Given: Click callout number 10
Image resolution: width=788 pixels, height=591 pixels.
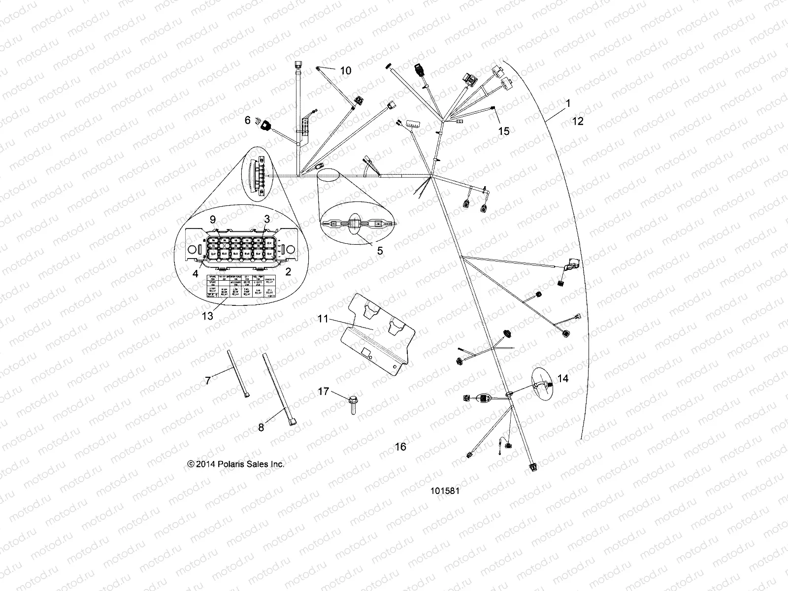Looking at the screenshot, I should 346,71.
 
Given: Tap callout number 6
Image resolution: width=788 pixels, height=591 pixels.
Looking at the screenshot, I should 248,120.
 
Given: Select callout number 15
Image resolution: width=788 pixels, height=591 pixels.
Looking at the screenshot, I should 504,131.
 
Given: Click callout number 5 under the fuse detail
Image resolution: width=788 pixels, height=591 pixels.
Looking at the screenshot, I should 380,251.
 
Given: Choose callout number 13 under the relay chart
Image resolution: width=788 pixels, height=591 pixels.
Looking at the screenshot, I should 208,316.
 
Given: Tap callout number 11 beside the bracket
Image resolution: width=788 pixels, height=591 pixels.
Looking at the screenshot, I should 323,319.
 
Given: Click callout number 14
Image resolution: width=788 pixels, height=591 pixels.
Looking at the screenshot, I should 563,378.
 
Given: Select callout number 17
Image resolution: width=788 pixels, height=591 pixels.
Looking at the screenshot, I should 323,392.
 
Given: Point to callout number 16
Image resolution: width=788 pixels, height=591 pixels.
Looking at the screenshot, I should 401,447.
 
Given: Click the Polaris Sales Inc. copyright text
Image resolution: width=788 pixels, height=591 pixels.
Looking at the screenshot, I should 236,464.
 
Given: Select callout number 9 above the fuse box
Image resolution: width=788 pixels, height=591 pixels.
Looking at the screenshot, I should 213,219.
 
